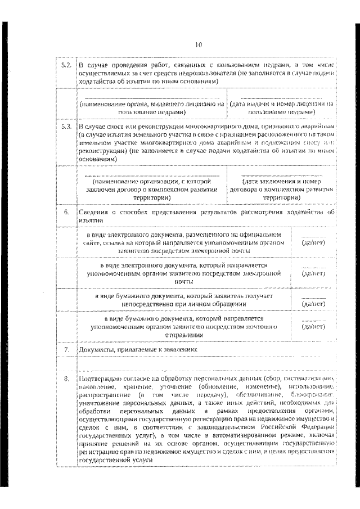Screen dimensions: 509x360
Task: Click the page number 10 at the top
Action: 199,44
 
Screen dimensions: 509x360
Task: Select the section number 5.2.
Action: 66,65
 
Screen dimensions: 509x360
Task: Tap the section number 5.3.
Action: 66,127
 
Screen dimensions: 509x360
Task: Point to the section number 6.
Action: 66,212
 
